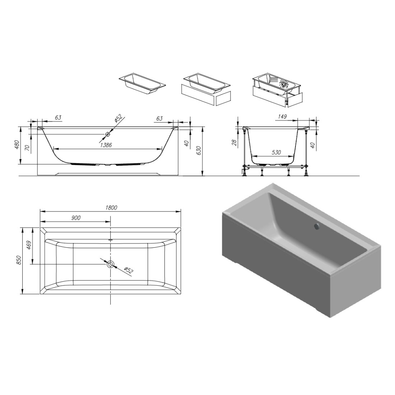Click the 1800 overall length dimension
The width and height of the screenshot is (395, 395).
click(x=111, y=208)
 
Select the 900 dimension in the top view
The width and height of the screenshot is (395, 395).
click(x=75, y=218)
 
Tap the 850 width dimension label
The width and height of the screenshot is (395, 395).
click(x=19, y=260)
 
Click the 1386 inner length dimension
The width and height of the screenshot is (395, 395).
click(x=106, y=145)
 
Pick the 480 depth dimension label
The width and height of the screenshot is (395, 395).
click(x=17, y=145)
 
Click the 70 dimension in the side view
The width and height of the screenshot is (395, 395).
click(x=28, y=148)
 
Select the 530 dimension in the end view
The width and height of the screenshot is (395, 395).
click(x=276, y=152)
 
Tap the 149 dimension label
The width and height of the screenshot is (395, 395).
click(x=282, y=116)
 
